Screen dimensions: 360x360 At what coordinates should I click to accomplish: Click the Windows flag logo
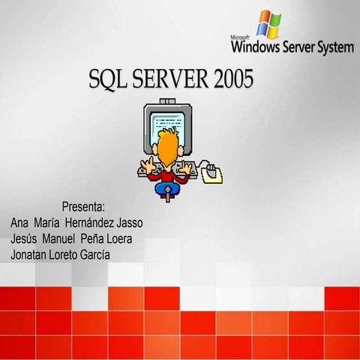coord(269,23)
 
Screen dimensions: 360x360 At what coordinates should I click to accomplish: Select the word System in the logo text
coord(333,48)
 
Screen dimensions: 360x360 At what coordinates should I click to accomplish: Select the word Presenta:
coord(83,206)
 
